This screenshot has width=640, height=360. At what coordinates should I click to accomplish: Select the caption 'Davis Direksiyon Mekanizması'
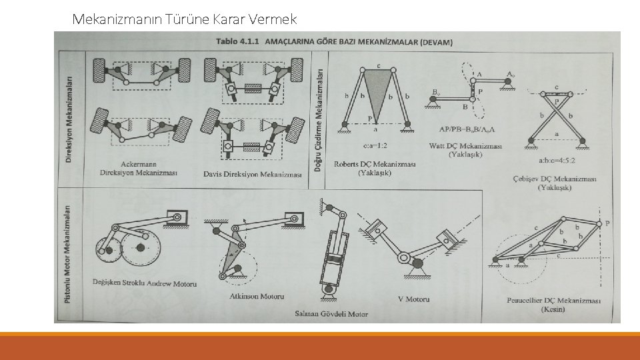tap(253, 174)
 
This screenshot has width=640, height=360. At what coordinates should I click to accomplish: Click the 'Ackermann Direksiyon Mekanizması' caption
tap(139, 167)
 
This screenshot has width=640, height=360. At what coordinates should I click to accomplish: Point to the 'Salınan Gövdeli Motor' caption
tap(331, 313)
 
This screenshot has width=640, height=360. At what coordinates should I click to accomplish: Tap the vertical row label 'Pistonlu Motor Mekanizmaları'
tap(67, 255)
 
